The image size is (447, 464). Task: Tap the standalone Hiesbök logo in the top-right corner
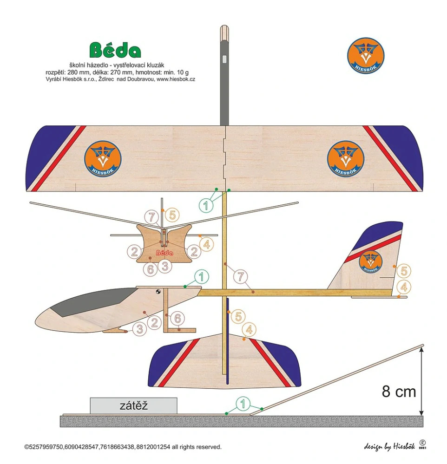click(x=366, y=56)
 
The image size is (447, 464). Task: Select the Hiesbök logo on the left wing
click(x=103, y=159)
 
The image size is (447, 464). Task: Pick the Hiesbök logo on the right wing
click(x=345, y=159)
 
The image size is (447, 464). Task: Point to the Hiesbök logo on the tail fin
click(x=370, y=261)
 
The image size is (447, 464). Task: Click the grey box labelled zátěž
click(x=134, y=405)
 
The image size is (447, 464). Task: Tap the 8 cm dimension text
click(x=399, y=392)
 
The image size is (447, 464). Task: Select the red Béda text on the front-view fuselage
click(x=164, y=253)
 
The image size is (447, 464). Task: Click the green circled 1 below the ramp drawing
click(x=243, y=404)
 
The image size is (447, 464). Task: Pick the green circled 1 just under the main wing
click(x=206, y=204)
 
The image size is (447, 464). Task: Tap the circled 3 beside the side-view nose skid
click(x=139, y=329)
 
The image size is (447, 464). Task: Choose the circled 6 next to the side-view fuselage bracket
click(x=177, y=319)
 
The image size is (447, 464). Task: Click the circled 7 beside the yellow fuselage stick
click(x=241, y=277)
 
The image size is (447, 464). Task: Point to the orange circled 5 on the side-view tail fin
click(x=403, y=271)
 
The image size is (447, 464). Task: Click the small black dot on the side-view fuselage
click(x=158, y=292)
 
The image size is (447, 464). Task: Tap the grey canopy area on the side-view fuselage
click(x=88, y=301)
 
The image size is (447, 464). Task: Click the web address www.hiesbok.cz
click(x=176, y=79)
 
